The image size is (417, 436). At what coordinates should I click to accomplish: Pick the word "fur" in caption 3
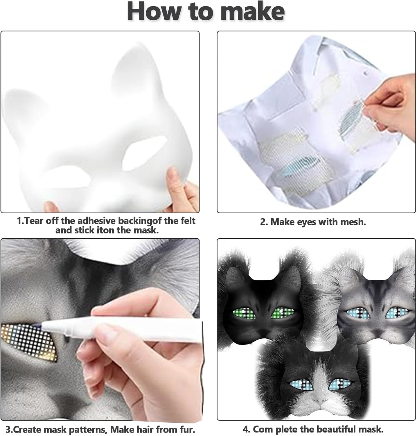(x=186, y=429)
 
